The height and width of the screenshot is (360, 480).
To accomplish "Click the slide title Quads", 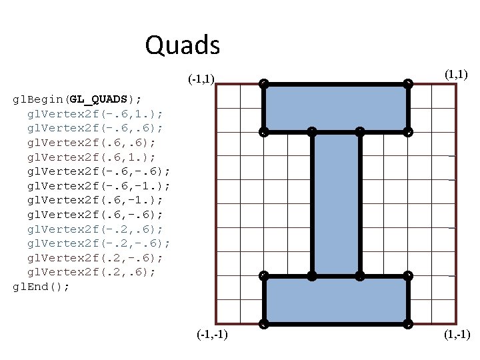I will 182,45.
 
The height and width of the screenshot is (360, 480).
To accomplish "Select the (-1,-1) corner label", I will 212,334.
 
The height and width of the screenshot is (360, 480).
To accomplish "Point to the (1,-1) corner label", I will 457,334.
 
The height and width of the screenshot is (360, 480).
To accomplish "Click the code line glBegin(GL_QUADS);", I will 77,99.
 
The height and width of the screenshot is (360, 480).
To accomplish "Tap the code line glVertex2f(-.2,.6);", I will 96,229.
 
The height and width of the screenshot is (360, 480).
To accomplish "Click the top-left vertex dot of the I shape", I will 264,84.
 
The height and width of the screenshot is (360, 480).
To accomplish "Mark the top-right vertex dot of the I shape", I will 408,84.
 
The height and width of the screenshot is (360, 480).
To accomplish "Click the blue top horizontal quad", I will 336,107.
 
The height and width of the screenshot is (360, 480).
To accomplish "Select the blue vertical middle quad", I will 336,203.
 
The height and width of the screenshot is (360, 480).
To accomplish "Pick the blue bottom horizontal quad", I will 336,300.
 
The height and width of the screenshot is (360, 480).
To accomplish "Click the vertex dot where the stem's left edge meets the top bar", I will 312,132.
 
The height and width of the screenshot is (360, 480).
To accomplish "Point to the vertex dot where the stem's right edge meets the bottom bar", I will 360,275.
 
